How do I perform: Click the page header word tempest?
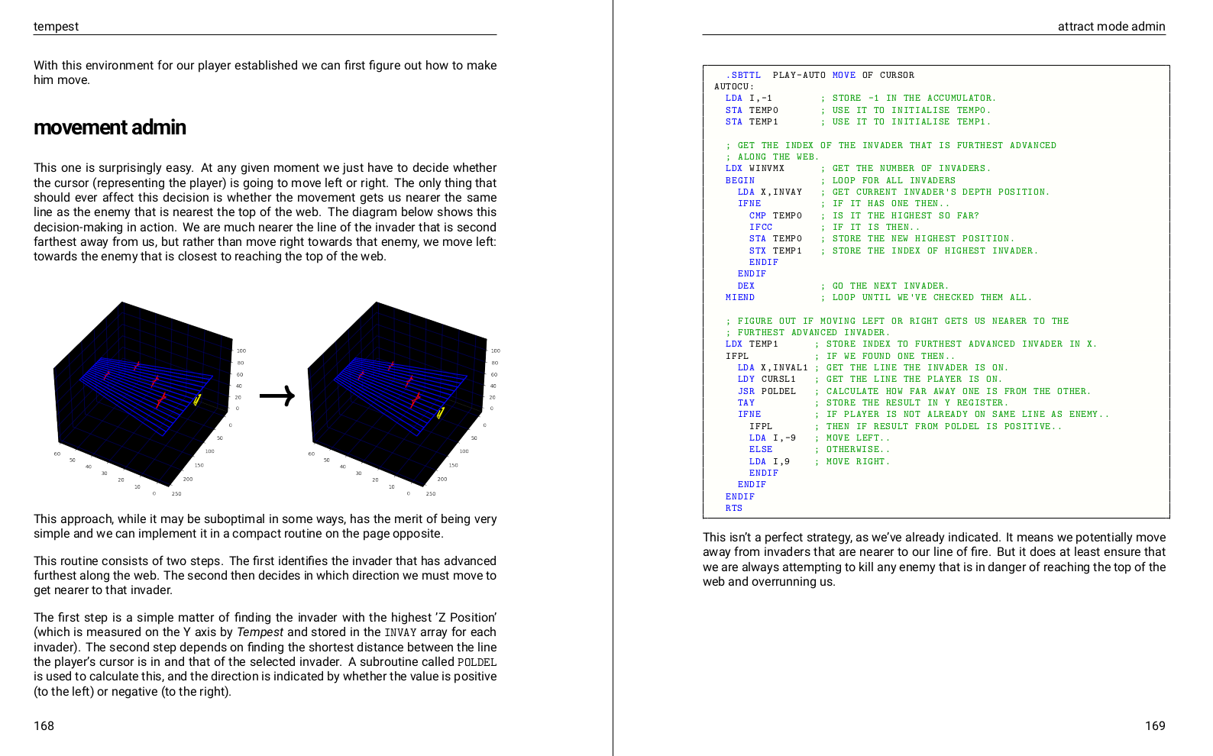click(56, 27)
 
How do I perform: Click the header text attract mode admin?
click(1111, 27)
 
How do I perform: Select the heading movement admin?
click(110, 128)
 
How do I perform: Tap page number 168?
click(44, 725)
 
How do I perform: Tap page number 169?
click(1154, 725)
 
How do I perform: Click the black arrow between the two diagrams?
click(277, 396)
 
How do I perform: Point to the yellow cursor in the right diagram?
click(440, 412)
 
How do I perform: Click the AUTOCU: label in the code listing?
click(733, 86)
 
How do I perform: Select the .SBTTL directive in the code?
click(742, 75)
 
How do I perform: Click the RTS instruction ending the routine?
click(733, 508)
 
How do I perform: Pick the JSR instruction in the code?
click(746, 391)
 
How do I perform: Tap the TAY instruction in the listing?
click(746, 402)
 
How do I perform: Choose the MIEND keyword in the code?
click(739, 297)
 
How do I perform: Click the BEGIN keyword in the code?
click(739, 180)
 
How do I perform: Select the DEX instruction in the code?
click(746, 286)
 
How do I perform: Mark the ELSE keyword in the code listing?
click(760, 449)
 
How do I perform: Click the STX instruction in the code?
click(757, 250)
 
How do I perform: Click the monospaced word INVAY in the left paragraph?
click(400, 632)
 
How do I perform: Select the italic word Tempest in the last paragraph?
click(260, 632)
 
